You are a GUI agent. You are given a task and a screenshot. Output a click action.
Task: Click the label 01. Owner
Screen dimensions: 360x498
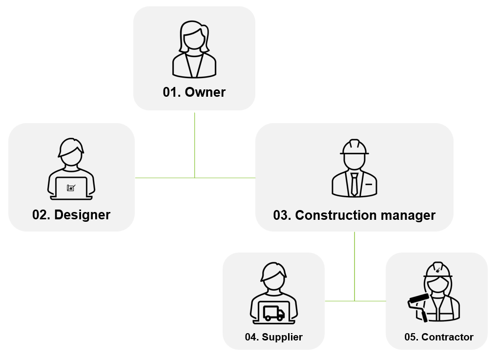(x=194, y=92)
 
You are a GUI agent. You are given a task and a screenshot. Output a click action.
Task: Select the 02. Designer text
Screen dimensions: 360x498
(x=71, y=214)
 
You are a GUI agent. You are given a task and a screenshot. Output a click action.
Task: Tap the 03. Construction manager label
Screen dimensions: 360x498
(x=354, y=215)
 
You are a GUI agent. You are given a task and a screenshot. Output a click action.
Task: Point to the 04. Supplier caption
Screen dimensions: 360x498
(x=273, y=337)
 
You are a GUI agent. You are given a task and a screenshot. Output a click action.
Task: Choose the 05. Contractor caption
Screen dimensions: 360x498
(x=438, y=337)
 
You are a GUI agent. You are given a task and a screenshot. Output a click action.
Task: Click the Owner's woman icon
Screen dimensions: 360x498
(x=194, y=49)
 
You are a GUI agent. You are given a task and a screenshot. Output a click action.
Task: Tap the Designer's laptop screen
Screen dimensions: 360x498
(x=71, y=188)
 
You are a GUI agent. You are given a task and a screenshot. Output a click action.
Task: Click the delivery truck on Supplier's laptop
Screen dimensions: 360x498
(x=273, y=313)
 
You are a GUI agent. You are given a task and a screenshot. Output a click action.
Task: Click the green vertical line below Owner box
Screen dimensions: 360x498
(x=194, y=144)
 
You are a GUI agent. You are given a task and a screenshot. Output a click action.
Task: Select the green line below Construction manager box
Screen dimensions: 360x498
(x=354, y=264)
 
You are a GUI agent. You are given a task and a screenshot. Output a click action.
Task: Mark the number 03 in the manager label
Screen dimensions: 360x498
(x=282, y=215)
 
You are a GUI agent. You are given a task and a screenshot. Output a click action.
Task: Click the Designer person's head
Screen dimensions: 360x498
(x=71, y=151)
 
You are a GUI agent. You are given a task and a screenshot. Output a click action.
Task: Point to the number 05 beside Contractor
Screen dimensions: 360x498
(x=410, y=337)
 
